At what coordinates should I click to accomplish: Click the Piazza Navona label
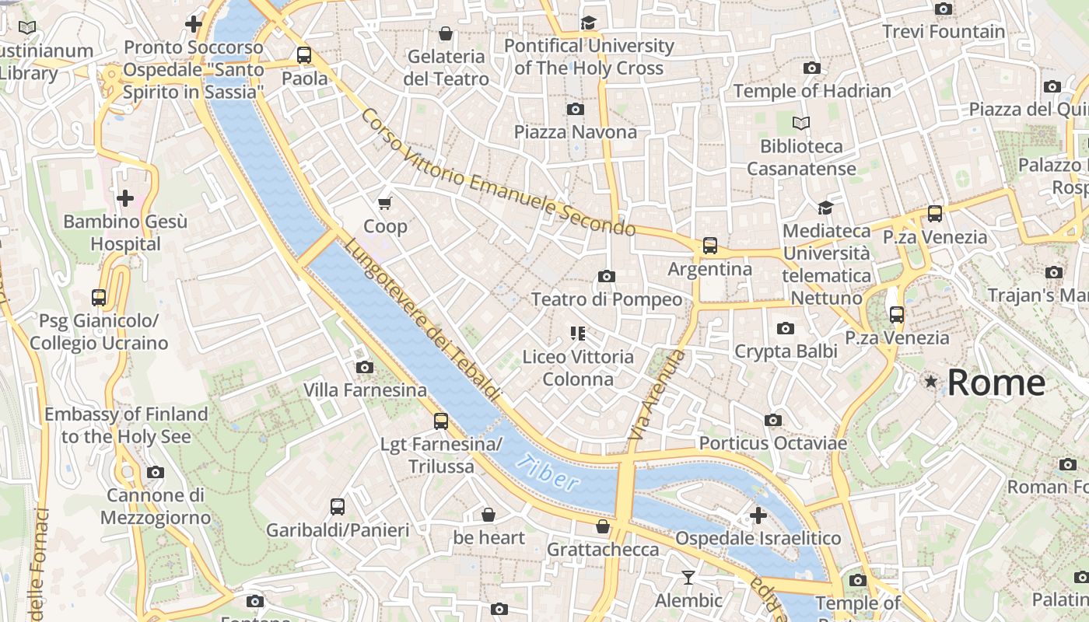coord(575,132)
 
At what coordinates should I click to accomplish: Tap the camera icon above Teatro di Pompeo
coord(607,276)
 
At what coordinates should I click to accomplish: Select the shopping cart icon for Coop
coord(384,204)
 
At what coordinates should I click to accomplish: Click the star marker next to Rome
coord(930,381)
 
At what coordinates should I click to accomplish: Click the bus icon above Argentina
coord(709,246)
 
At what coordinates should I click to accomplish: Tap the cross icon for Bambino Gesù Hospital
coord(124,198)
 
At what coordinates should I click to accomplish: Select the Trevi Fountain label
coord(943,32)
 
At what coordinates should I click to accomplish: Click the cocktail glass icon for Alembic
coord(688,577)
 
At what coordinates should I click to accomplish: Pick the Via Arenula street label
coord(657,397)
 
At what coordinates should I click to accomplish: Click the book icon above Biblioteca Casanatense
coord(800,123)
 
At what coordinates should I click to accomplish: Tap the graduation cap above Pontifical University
coord(588,23)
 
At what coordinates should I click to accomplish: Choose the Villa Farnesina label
coord(365,390)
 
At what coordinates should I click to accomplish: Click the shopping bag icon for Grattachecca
coord(602,526)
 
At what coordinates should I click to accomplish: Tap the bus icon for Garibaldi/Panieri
coord(337,507)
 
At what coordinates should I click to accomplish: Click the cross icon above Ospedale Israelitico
coord(758,515)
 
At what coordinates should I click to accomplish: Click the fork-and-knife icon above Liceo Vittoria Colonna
coord(577,334)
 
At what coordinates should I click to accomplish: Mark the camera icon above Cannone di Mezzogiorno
coord(155,472)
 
